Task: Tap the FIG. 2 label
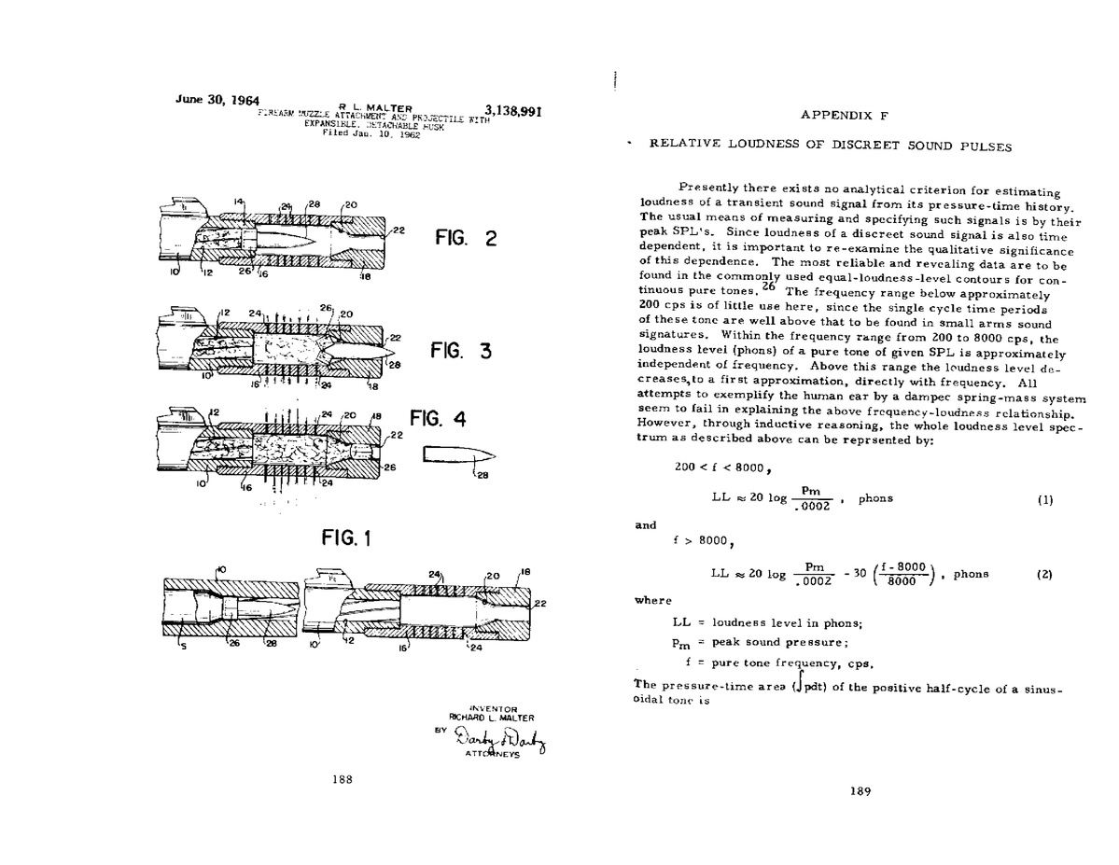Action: point(466,238)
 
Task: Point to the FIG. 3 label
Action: point(460,352)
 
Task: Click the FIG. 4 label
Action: point(437,419)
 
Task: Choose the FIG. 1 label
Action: point(346,537)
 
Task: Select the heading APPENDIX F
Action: point(843,115)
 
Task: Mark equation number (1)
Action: point(1044,499)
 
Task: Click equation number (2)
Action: point(1044,575)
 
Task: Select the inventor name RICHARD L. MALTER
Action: point(493,718)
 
